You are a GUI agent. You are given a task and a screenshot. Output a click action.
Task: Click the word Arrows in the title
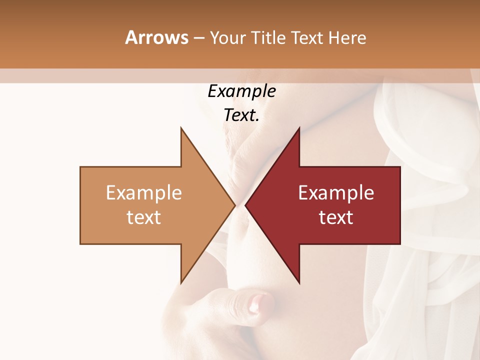click(157, 37)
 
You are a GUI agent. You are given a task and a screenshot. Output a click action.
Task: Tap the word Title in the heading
click(268, 37)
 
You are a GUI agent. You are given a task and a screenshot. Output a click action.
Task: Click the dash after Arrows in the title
click(199, 38)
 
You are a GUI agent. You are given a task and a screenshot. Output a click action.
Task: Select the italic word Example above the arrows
click(241, 91)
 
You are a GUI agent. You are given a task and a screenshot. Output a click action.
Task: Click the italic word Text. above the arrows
click(241, 115)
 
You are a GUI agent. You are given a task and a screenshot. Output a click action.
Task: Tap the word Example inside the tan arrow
click(144, 193)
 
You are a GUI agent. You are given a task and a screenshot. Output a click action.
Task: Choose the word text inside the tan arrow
click(144, 217)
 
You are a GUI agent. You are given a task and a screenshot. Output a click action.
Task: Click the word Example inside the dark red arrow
click(336, 193)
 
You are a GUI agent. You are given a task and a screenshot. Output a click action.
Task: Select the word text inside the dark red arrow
click(336, 217)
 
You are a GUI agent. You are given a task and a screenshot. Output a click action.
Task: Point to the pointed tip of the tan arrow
click(234, 205)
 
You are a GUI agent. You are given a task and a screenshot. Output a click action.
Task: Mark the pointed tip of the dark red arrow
click(245, 205)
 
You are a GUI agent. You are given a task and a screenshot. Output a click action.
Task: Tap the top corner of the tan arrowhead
click(181, 128)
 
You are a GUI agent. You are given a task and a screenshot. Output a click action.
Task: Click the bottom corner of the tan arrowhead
click(181, 283)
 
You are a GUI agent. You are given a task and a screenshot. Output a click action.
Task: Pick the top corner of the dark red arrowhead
click(299, 128)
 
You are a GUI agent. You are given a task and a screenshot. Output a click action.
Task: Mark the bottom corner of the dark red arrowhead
click(299, 283)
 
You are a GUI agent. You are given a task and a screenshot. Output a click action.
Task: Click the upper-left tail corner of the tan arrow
click(80, 167)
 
